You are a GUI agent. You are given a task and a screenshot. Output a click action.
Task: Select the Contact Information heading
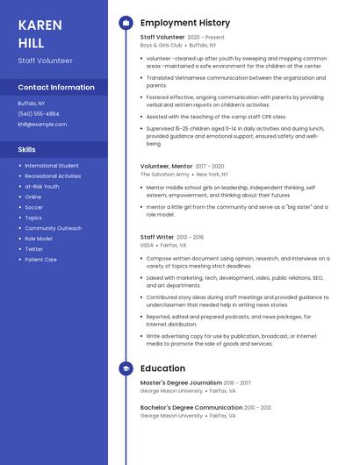pos(56,87)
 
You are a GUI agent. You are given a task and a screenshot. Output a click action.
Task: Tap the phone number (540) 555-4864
pos(39,113)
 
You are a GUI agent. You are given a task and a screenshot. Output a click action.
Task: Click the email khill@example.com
pos(42,124)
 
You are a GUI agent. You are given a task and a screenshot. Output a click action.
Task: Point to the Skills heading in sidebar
pos(27,149)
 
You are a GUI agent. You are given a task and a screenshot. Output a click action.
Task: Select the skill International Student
pos(52,165)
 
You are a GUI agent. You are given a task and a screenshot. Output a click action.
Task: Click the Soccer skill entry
pos(33,207)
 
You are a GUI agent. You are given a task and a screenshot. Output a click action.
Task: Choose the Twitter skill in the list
pos(33,249)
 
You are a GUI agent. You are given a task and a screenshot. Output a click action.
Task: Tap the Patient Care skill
pos(40,260)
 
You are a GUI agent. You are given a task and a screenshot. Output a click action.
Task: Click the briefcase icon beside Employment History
pos(126,23)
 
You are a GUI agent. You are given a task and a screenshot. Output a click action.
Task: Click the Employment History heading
pos(185,23)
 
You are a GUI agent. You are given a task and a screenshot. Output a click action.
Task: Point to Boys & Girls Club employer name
pos(161,45)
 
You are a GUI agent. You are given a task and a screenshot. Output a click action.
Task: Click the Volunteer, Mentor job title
pos(166,166)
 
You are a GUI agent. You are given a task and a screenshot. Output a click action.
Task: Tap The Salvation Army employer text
pos(164,174)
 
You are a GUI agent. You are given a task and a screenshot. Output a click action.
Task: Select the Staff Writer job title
pos(158,237)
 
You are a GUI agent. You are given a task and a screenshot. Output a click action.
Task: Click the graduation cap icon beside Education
pos(126,368)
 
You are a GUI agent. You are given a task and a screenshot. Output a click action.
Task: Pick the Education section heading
pos(162,368)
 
